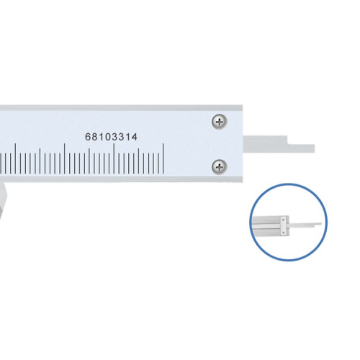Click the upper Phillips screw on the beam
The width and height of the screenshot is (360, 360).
[x=220, y=122]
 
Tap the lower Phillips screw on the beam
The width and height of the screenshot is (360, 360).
[x=220, y=166]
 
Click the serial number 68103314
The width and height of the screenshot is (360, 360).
[x=112, y=137]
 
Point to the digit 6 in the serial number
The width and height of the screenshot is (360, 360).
[x=88, y=137]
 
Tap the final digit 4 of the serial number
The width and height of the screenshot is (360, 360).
[x=135, y=137]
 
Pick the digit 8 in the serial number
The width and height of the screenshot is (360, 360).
[x=94, y=137]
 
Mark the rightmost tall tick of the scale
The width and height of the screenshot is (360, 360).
[x=163, y=158]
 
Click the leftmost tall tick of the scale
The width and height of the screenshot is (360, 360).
[x=15, y=158]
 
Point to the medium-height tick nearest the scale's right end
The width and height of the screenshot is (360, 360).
[x=138, y=161]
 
